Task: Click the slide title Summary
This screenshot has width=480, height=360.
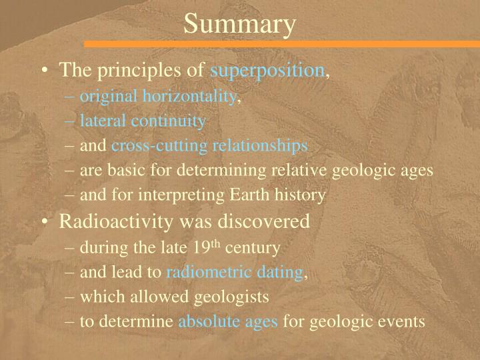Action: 239,24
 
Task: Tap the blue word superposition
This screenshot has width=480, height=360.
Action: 267,70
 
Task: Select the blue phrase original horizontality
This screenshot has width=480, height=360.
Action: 159,97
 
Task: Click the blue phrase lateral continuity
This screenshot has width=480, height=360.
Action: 143,121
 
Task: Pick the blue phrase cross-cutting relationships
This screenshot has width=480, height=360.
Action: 209,145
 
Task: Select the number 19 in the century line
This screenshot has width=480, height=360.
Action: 201,247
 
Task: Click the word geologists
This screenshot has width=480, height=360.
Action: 229,297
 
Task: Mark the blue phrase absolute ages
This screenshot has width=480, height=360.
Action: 228,321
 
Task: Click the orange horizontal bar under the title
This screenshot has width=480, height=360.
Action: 280,44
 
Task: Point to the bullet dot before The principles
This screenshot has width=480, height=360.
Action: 44,71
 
